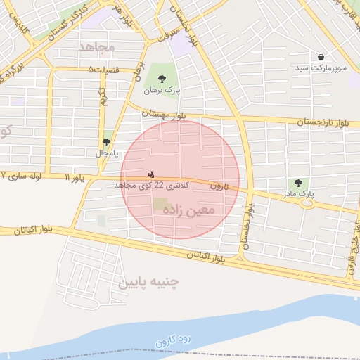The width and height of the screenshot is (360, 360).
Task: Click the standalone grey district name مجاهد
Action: [x=96, y=46]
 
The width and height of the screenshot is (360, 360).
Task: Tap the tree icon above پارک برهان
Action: [x=162, y=79]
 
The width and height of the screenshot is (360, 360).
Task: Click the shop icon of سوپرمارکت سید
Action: [x=321, y=56]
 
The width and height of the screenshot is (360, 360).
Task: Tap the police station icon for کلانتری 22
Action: [x=150, y=174]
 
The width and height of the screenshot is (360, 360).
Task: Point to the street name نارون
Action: [x=220, y=186]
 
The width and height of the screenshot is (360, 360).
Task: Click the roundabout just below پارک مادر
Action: [x=307, y=205]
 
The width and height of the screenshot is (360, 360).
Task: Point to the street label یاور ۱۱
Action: [x=75, y=179]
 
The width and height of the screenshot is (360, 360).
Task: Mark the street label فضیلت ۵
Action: [x=103, y=69]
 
